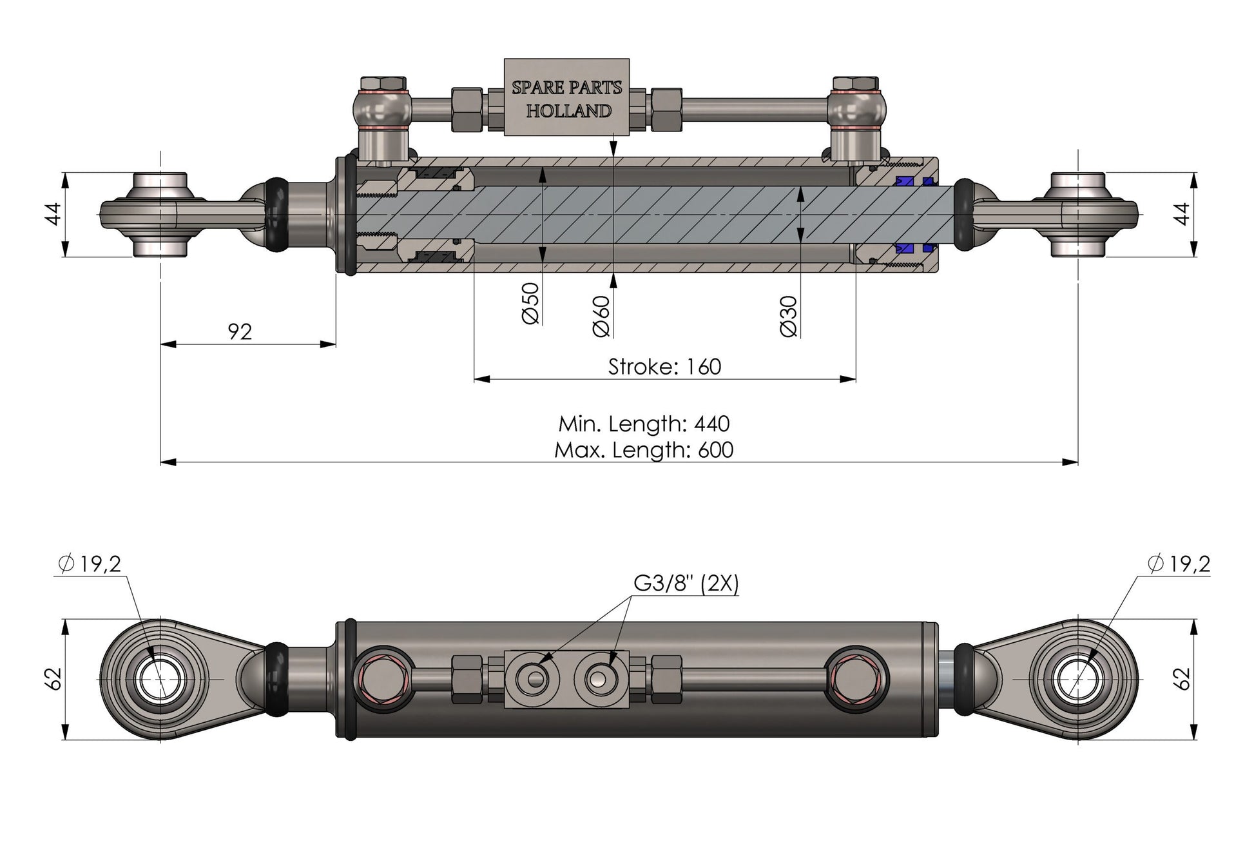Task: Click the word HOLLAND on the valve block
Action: [x=568, y=111]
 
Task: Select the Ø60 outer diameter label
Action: [x=601, y=316]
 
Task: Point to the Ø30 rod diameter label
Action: [x=789, y=316]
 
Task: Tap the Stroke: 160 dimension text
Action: [x=664, y=366]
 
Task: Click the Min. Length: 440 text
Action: [x=644, y=424]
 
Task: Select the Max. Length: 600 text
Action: [x=644, y=449]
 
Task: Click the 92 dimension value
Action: [x=240, y=331]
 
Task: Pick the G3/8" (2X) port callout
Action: [x=686, y=583]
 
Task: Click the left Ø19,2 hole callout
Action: [x=89, y=564]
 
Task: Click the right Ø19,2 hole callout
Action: [x=1179, y=564]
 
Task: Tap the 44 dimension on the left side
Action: [x=54, y=213]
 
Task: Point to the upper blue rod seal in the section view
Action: [x=905, y=182]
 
